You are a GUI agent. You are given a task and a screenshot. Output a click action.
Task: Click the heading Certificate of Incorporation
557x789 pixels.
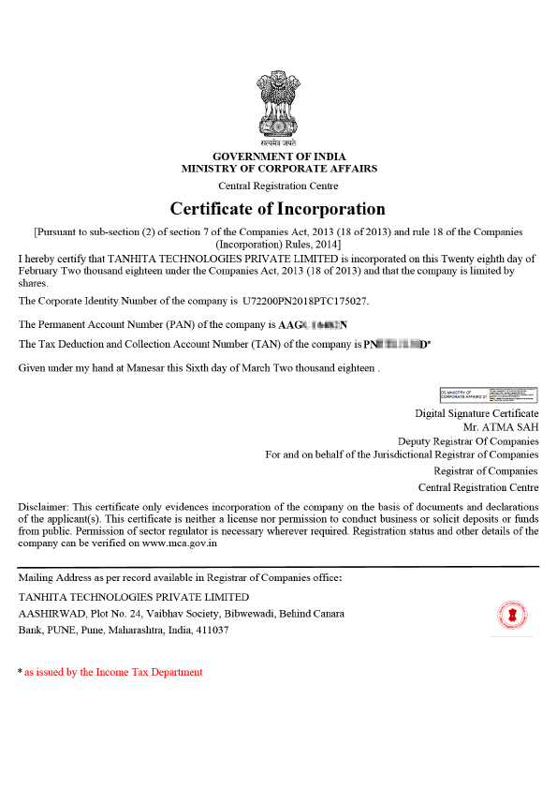point(277,208)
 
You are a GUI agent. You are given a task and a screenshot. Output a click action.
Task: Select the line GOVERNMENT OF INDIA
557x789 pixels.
point(278,156)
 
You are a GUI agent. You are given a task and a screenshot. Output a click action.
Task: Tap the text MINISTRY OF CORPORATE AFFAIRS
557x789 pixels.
point(279,169)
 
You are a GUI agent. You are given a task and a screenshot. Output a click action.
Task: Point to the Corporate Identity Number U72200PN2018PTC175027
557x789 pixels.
point(305,301)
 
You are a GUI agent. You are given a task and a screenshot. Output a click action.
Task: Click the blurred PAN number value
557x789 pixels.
point(314,324)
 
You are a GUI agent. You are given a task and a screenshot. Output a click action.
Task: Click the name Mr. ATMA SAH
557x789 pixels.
point(507,426)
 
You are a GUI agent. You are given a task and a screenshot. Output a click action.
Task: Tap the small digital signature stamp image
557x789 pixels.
point(489,395)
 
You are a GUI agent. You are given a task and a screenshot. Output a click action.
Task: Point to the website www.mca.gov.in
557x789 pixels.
point(180,542)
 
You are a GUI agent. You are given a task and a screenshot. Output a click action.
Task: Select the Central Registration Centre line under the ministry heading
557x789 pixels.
point(278,186)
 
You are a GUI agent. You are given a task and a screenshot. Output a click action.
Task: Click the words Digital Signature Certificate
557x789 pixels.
point(476,413)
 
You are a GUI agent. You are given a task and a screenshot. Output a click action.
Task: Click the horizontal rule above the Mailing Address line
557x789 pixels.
point(278,566)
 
